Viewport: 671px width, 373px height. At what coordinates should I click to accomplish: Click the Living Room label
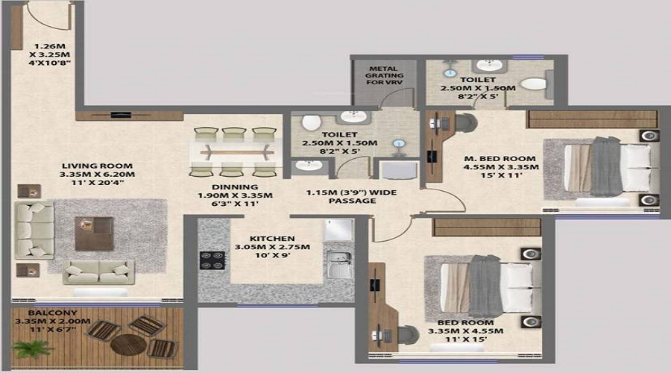coord(97,166)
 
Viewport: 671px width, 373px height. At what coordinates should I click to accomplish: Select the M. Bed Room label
coord(500,158)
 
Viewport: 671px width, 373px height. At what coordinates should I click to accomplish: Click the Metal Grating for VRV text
coord(384,75)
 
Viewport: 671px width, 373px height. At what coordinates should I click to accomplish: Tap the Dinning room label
coord(235,187)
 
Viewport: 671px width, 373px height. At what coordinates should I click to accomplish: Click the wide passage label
coord(352,196)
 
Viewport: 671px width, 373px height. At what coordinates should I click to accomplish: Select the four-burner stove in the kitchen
coord(212,260)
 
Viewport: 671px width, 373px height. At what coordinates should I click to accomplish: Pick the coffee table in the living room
coord(94,233)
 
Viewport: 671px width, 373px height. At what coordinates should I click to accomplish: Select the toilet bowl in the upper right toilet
coord(534,84)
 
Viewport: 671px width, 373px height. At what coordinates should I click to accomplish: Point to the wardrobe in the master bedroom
coord(593,119)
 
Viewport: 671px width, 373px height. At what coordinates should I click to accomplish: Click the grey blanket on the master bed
coord(606,166)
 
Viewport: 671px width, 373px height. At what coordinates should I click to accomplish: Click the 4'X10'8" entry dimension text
coord(50,63)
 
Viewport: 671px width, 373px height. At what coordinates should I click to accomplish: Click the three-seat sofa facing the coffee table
coord(34,231)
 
